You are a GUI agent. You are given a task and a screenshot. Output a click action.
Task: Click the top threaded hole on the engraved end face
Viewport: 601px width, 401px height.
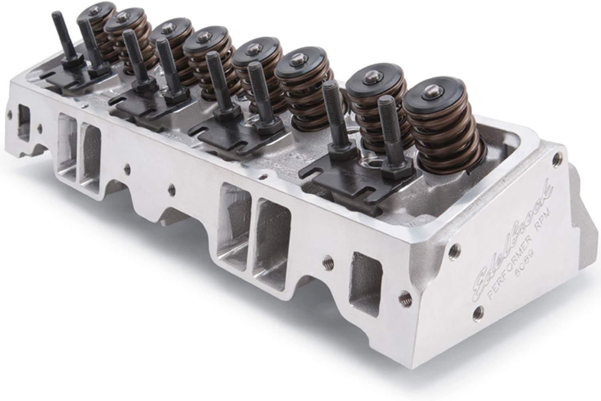click(555, 154)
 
